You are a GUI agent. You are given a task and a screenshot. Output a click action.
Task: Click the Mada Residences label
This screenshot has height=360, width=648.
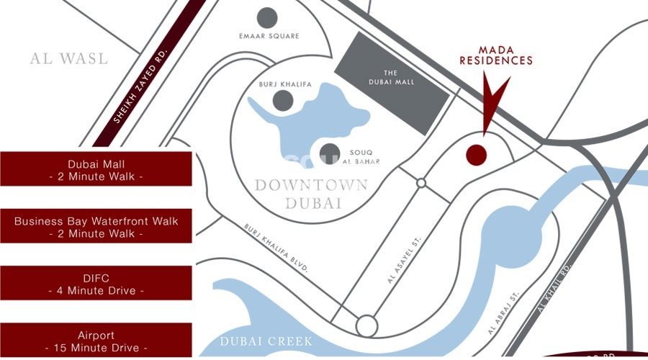pos(496,55)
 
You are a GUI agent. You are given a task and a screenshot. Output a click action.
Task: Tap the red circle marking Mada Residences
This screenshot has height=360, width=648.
pos(476,153)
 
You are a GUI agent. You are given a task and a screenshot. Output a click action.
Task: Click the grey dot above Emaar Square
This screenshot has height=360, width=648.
pos(267,17)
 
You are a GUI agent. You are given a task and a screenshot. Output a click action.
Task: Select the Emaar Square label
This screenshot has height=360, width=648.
pos(269,35)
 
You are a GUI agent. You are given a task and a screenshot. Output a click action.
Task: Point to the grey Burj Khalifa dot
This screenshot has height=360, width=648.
pos(284,101)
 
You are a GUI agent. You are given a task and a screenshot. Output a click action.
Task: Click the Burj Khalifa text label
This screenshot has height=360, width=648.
pos(285,84)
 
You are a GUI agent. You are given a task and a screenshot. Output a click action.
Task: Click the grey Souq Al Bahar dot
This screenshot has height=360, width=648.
pos(330,153)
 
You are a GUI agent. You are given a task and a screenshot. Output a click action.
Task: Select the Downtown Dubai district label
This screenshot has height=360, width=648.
pos(311,194)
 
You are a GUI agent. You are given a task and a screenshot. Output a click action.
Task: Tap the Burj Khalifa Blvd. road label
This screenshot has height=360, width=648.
pos(277,247)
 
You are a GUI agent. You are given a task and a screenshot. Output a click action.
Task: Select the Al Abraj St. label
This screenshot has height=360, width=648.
pos(503,313)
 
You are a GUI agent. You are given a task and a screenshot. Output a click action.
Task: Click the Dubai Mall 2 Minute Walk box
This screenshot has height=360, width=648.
pos(96,169)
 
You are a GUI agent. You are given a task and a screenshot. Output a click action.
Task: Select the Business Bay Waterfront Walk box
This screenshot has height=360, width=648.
pos(96,227)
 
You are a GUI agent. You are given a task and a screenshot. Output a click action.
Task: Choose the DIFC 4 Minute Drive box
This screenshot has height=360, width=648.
pos(96,284)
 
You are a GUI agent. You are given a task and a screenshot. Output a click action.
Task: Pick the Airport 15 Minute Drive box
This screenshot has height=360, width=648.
pos(96,341)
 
